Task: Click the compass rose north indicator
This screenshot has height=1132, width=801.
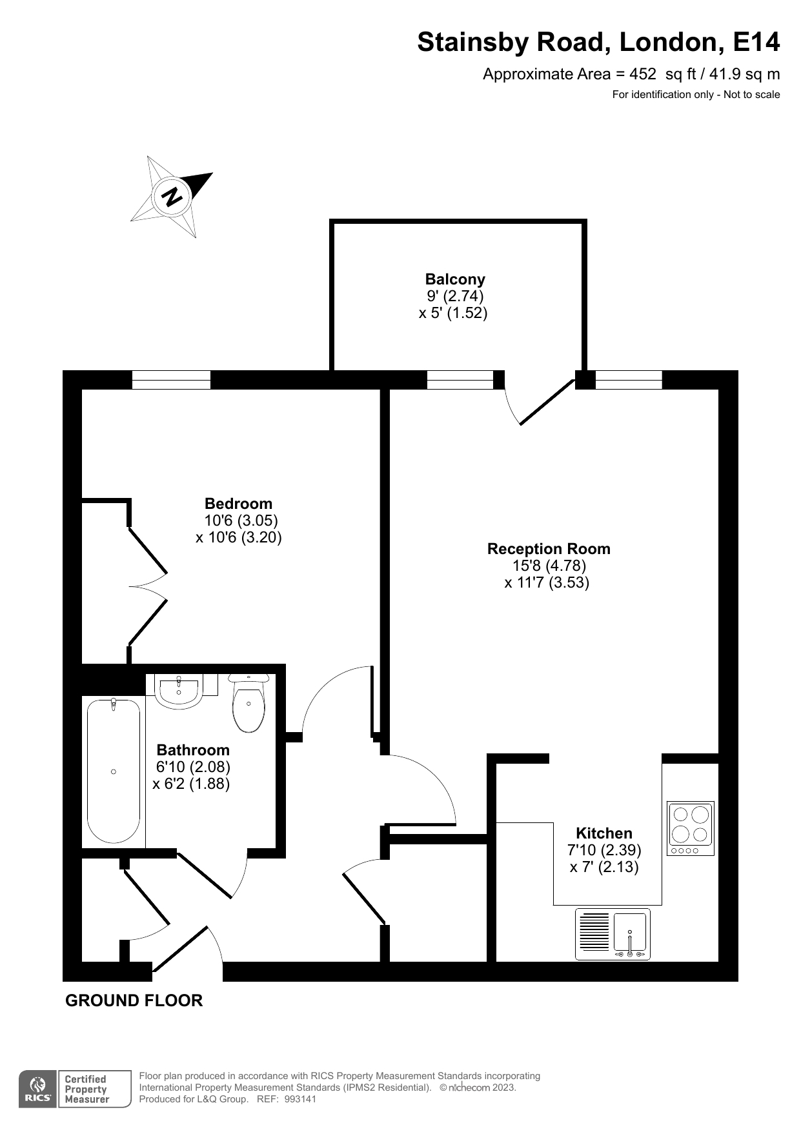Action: tap(172, 196)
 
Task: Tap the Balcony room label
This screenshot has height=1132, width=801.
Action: tap(455, 279)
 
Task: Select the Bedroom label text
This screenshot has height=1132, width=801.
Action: tap(238, 504)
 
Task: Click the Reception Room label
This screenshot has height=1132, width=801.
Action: tap(549, 549)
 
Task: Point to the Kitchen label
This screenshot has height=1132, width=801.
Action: tap(604, 833)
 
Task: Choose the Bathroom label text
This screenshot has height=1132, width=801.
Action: tap(193, 750)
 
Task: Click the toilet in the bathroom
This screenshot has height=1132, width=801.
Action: tap(248, 703)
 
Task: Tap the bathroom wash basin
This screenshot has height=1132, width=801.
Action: tap(179, 691)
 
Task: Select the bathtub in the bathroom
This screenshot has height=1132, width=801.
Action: tap(114, 771)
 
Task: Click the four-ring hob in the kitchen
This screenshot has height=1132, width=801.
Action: tap(691, 829)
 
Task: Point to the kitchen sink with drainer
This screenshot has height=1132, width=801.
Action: tap(613, 934)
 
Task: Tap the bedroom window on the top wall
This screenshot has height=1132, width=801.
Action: tap(172, 380)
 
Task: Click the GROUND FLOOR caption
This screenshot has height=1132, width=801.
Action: tap(134, 1000)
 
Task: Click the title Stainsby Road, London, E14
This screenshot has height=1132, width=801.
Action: tap(598, 42)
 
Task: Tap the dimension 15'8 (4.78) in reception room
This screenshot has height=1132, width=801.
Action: tap(549, 566)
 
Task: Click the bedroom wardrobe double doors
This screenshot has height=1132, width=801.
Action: tap(148, 587)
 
